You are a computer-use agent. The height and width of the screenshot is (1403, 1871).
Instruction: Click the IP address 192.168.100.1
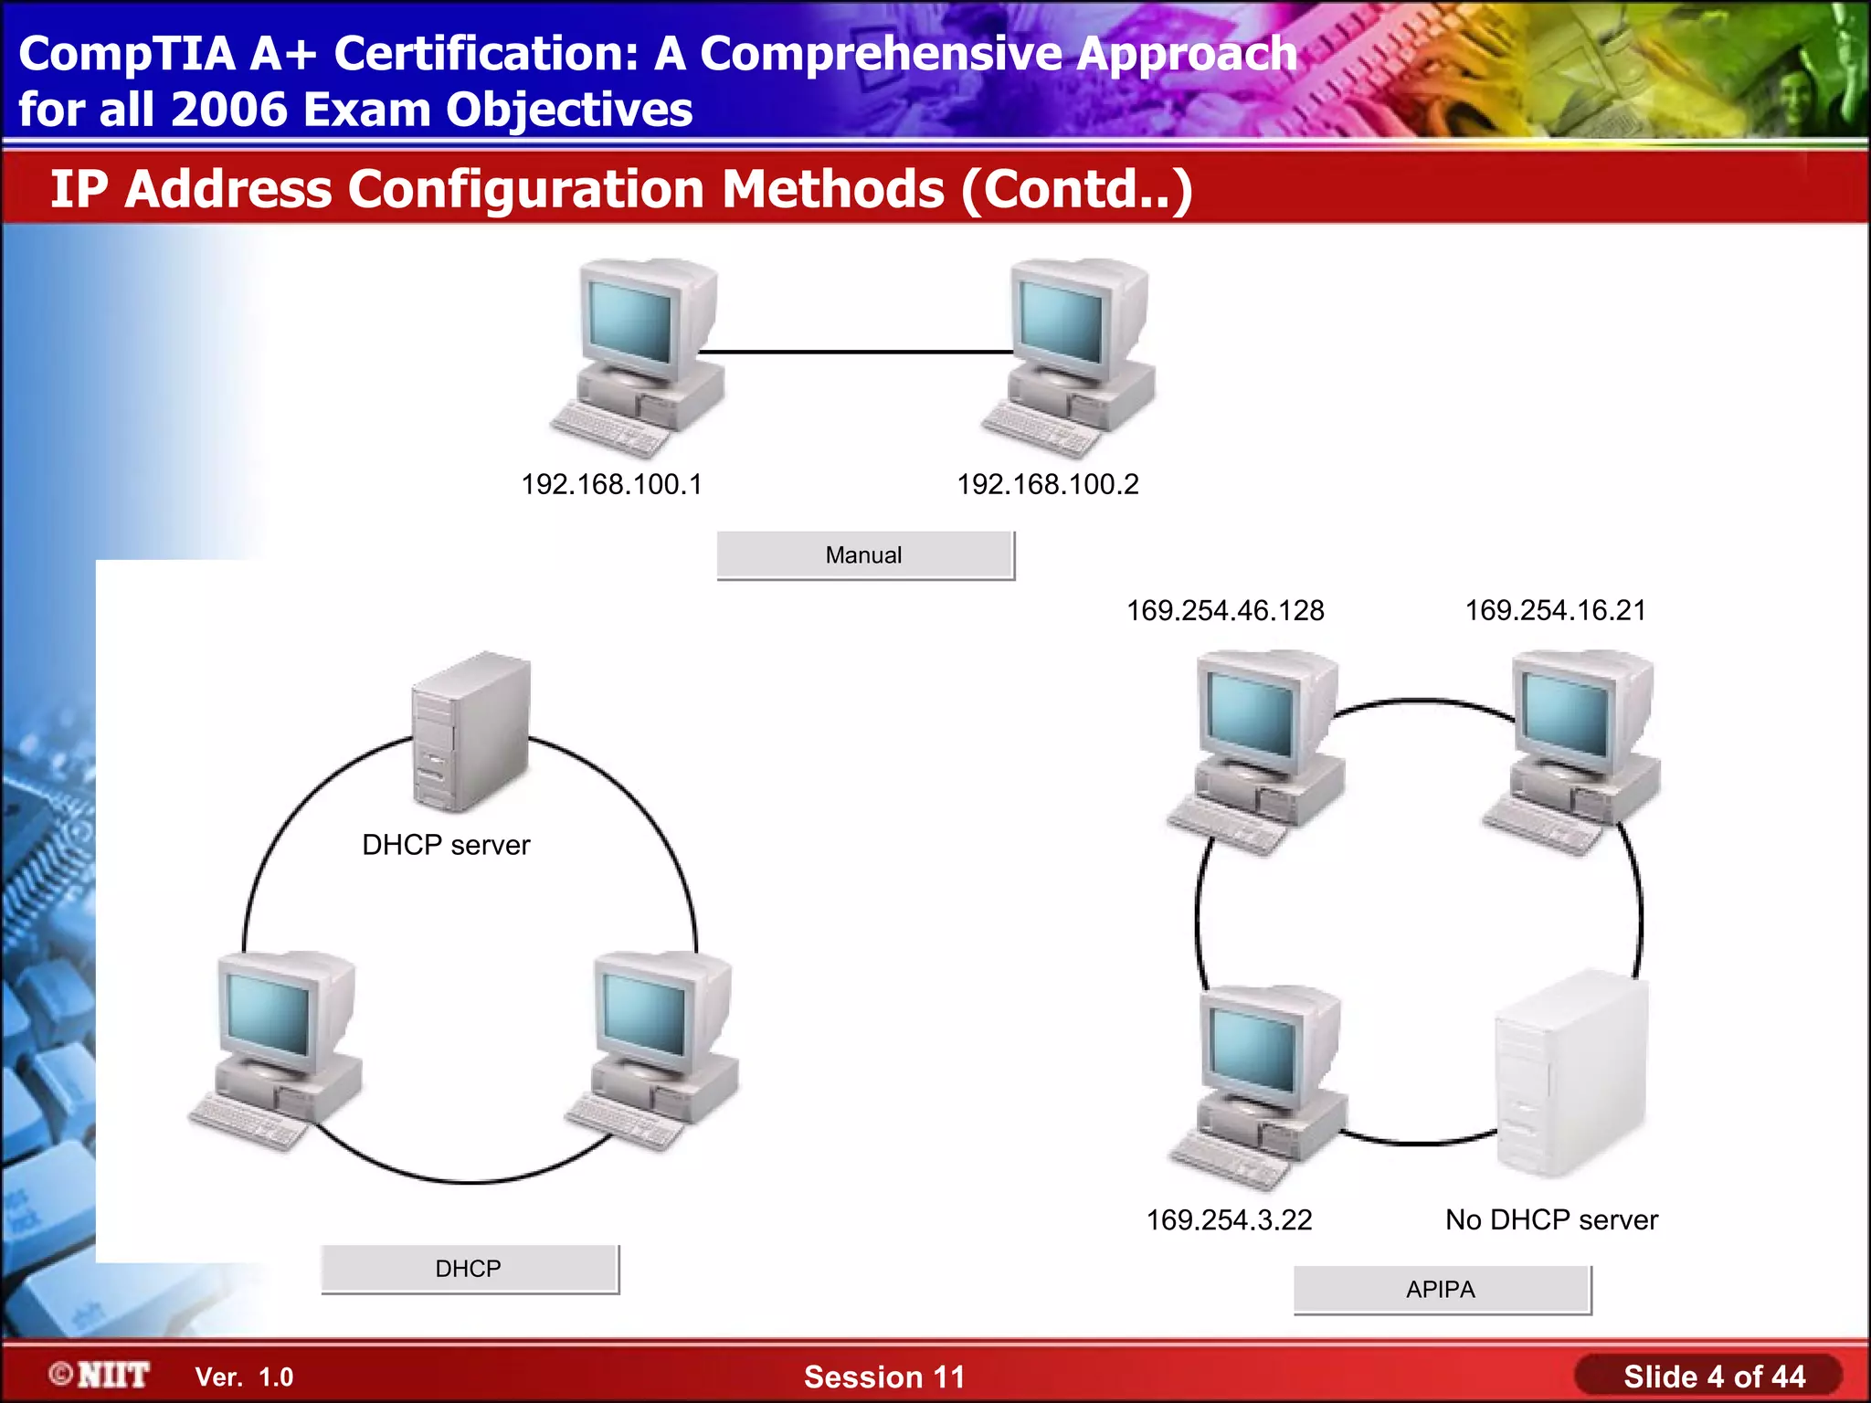point(611,484)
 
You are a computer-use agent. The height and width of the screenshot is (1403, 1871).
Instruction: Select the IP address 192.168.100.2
point(1048,484)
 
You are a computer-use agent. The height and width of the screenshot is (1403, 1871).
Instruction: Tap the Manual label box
point(864,555)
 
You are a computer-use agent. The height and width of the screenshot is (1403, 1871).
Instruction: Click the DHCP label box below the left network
point(469,1269)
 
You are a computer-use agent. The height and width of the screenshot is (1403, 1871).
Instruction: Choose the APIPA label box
point(1441,1290)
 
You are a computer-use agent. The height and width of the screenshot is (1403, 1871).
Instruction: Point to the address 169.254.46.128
point(1225,610)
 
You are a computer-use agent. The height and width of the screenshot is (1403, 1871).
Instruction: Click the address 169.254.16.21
point(1556,610)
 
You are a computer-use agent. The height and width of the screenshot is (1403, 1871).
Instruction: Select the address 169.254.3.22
point(1229,1219)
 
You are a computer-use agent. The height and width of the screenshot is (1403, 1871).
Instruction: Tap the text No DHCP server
point(1551,1219)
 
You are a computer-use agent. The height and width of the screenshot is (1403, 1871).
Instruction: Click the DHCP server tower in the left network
point(470,731)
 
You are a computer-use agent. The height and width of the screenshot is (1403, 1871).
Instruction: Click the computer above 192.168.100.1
point(640,356)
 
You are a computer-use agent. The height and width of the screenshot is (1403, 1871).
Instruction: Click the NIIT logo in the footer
point(101,1376)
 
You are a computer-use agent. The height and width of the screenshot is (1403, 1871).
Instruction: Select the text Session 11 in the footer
point(884,1377)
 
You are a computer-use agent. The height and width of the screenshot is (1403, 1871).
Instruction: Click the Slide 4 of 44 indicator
point(1714,1377)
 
